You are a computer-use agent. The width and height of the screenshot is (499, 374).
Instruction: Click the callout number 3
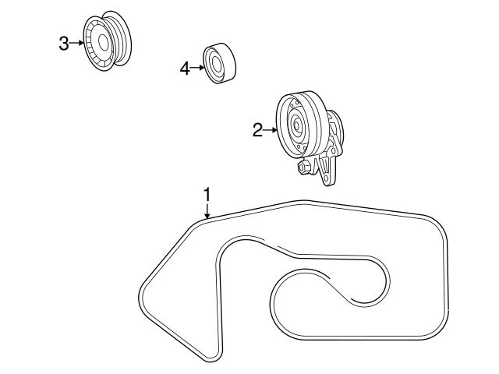click(64, 43)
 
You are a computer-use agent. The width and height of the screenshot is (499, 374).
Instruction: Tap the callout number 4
click(185, 69)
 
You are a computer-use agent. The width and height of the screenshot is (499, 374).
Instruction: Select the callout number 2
click(258, 131)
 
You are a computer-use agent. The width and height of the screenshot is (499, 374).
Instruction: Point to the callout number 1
click(207, 192)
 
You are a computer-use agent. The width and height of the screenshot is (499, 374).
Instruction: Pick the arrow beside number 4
click(197, 69)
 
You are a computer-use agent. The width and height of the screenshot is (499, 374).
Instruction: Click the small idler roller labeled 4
click(220, 62)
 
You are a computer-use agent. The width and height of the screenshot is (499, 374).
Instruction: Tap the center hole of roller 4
click(214, 63)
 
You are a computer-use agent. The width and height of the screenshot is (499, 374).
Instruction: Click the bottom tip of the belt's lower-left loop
click(212, 359)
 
